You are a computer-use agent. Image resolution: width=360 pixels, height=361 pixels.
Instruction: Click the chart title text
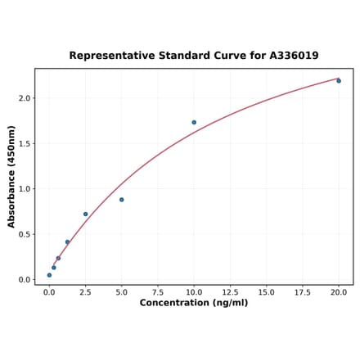coord(194,56)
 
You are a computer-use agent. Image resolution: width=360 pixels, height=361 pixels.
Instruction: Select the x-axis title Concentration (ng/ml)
coord(194,303)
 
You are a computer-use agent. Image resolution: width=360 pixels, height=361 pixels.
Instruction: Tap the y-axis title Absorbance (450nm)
coord(11,177)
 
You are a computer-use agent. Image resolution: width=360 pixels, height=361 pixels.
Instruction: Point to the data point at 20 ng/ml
coord(339,80)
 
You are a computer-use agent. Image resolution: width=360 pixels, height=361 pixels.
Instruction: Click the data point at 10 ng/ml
coord(194,123)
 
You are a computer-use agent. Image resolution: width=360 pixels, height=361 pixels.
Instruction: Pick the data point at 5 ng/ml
coord(122,200)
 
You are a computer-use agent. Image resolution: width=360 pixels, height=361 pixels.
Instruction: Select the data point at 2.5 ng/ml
coord(85,214)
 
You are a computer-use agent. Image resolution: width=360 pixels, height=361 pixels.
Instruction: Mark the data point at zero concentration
coord(49,275)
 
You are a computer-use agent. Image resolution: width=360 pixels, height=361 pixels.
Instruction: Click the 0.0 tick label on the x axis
coord(49,291)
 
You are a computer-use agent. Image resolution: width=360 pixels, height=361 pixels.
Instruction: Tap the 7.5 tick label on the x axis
coord(158,291)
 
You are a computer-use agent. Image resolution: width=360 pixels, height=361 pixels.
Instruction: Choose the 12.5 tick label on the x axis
coord(230,291)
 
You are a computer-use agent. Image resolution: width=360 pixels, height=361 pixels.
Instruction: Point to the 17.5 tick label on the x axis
coord(303,291)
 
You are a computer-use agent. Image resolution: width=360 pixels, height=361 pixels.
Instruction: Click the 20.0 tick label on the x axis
coord(339,291)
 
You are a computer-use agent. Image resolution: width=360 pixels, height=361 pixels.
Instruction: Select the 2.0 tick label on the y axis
coord(24,98)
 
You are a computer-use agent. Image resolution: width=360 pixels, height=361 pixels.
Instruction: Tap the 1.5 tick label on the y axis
coord(24,143)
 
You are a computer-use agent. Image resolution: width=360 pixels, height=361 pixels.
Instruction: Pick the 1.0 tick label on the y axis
coord(24,189)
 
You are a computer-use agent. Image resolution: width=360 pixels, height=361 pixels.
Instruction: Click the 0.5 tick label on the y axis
coord(24,234)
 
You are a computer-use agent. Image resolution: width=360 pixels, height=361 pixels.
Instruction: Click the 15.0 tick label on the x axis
coord(267,291)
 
